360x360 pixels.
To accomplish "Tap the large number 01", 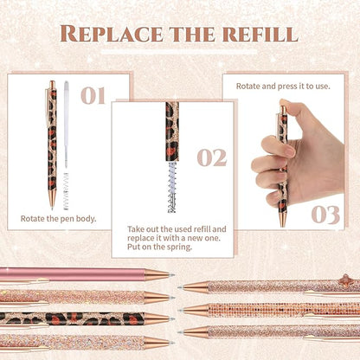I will point(93,95).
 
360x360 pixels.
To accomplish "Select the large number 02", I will point(211,157).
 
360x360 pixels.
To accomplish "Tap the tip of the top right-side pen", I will point(183,286).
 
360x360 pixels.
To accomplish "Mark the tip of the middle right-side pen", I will point(183,310).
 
